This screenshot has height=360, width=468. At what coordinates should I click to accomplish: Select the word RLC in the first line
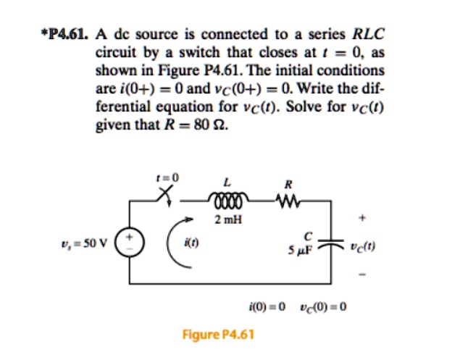click(368, 33)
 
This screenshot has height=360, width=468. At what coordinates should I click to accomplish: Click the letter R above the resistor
click(288, 183)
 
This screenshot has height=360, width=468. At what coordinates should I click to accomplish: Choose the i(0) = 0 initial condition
click(264, 306)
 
